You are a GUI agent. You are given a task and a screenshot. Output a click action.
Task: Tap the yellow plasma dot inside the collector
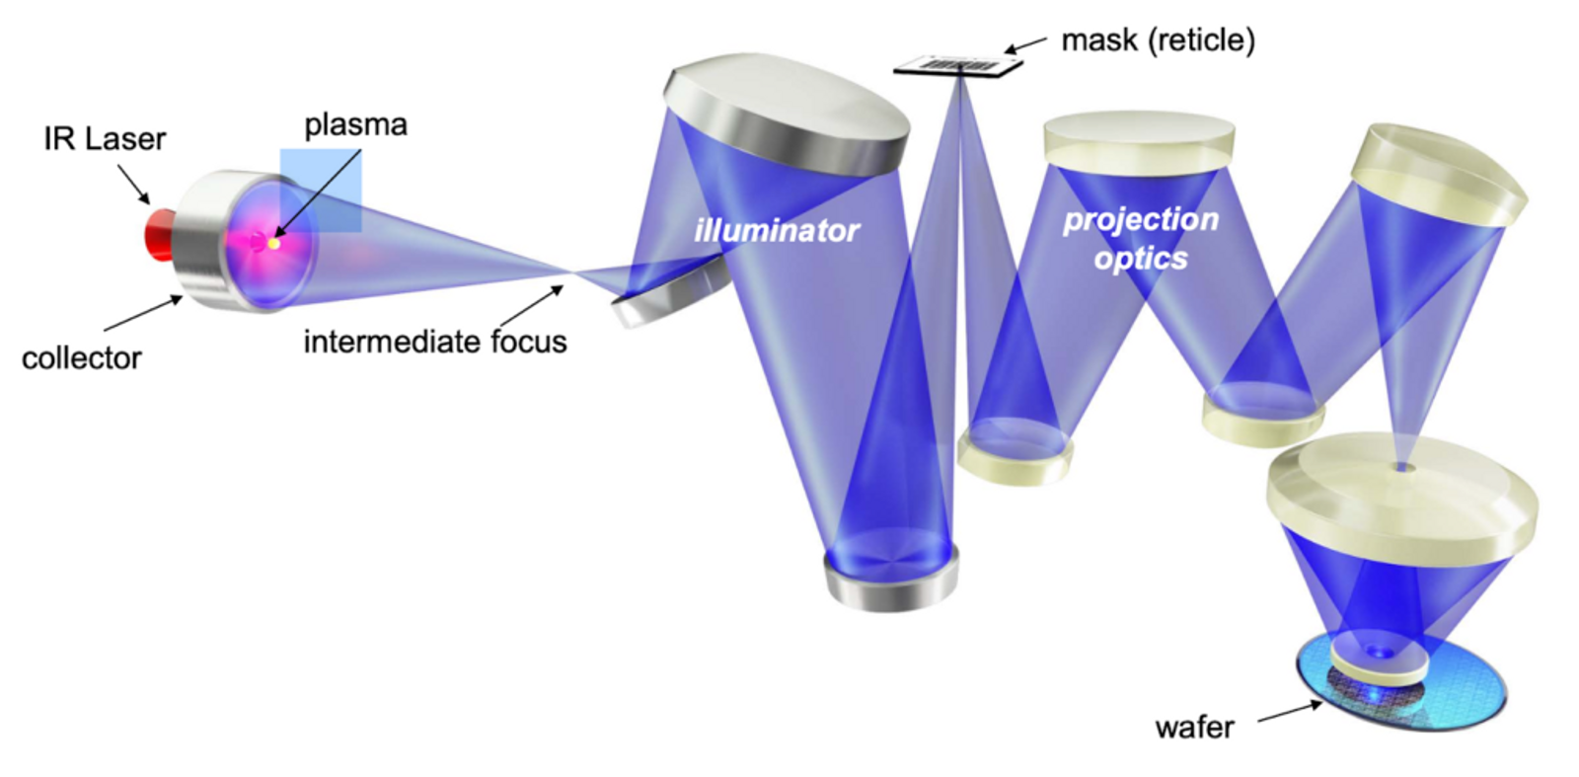point(273,243)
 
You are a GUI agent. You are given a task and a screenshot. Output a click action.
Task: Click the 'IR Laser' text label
point(105,139)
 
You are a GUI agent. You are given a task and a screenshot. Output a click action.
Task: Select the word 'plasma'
point(355,125)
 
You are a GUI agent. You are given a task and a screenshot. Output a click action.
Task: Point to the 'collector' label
point(81,357)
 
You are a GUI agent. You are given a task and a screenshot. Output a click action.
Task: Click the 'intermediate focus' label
point(434,342)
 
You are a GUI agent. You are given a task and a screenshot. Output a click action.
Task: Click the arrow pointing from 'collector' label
point(144,314)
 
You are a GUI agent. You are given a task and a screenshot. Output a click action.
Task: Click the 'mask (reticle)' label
point(1158,40)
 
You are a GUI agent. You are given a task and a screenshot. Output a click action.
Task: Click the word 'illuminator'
point(777,231)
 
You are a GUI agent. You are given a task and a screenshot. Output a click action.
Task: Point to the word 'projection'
point(1140,219)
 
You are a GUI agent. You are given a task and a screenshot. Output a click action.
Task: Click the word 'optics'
point(1140,259)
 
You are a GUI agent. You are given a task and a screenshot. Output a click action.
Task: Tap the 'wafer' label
point(1194,728)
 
